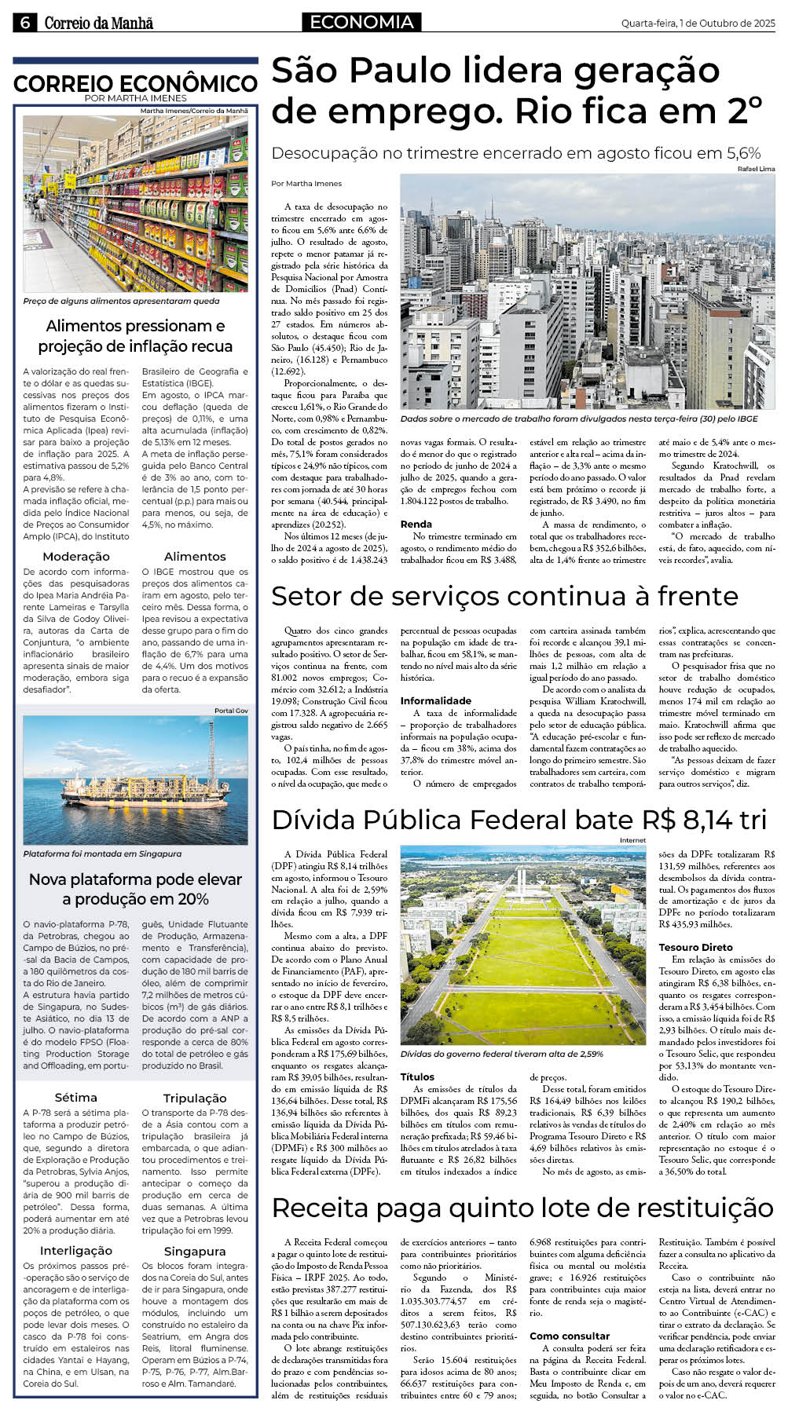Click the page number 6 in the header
pyautogui.click(x=24, y=23)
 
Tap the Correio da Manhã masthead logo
pyautogui.click(x=98, y=24)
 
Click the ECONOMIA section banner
pyautogui.click(x=361, y=23)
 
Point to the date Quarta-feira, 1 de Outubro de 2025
pyautogui.click(x=698, y=24)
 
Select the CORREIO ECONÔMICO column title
pyautogui.click(x=135, y=84)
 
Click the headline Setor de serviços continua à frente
pyautogui.click(x=504, y=597)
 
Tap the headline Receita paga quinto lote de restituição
pyautogui.click(x=522, y=1207)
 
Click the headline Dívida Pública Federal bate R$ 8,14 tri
pyautogui.click(x=519, y=820)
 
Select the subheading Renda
pyautogui.click(x=416, y=524)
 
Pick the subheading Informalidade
pyautogui.click(x=435, y=700)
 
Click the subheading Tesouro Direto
pyautogui.click(x=695, y=947)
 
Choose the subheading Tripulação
pyautogui.click(x=195, y=1098)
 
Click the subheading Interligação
pyautogui.click(x=76, y=1250)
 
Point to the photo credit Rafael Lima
pyautogui.click(x=756, y=169)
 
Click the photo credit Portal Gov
pyautogui.click(x=231, y=711)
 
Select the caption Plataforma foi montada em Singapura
pyautogui.click(x=102, y=854)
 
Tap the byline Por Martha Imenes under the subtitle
pyautogui.click(x=306, y=184)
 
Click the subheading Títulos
pyautogui.click(x=417, y=1077)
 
